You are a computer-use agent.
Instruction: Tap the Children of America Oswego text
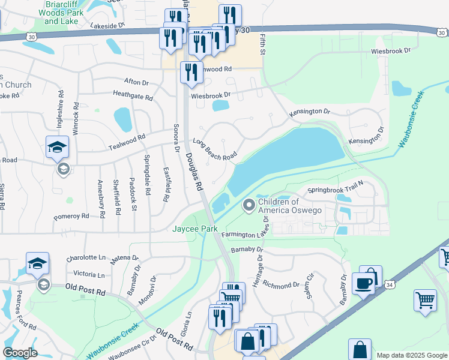[x=290, y=206]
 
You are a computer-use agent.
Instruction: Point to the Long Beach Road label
[x=214, y=149]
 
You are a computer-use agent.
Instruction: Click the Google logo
[x=20, y=353]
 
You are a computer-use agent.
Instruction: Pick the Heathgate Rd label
[x=133, y=94]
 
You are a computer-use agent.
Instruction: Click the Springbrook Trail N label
[x=336, y=190]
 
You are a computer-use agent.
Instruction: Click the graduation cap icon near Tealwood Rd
[x=58, y=147]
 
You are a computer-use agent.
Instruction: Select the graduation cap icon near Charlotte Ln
[x=37, y=263]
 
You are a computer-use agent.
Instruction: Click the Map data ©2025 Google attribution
[x=412, y=355]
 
